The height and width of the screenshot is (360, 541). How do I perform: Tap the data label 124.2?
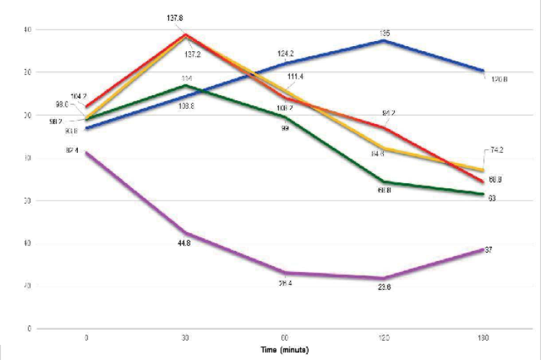(286, 53)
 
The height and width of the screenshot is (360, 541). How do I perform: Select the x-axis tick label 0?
(87, 338)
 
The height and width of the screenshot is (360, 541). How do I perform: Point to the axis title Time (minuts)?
(286, 348)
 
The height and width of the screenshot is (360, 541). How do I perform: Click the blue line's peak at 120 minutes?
(384, 40)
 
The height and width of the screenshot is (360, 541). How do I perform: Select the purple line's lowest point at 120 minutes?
(384, 278)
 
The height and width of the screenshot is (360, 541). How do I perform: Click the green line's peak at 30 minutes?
(186, 85)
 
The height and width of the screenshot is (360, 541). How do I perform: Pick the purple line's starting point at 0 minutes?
(87, 152)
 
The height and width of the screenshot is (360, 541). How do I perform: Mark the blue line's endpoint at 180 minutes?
(484, 71)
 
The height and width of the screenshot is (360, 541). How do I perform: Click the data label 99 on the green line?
(286, 127)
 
